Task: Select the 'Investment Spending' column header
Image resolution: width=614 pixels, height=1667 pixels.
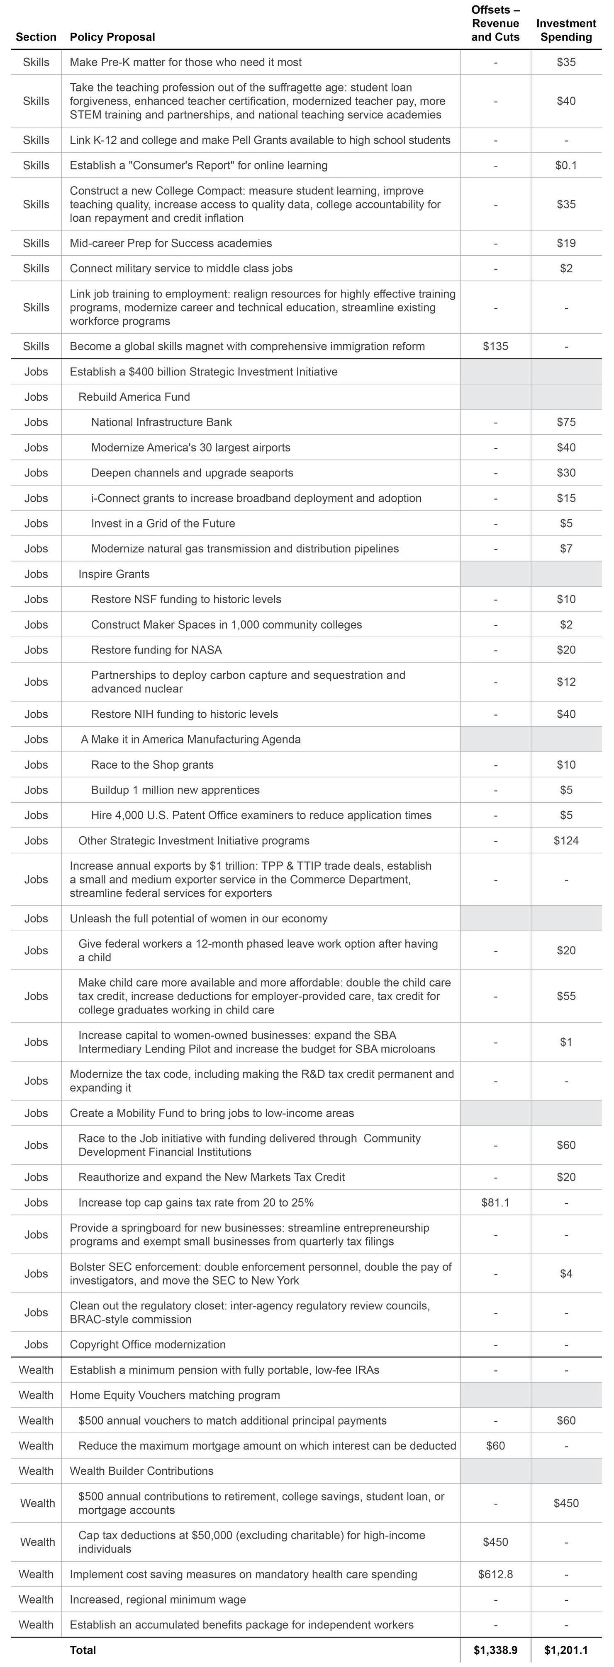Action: pyautogui.click(x=565, y=30)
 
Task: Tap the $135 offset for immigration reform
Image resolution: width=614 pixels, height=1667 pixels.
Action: pyautogui.click(x=495, y=346)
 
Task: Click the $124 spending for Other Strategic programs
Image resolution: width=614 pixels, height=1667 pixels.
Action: pyautogui.click(x=565, y=841)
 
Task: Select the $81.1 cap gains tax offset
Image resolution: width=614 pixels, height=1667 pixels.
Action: pyautogui.click(x=495, y=1202)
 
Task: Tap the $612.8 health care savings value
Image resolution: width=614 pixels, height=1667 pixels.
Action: pyautogui.click(x=495, y=1574)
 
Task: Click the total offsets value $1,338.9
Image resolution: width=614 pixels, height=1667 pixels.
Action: pyautogui.click(x=495, y=1650)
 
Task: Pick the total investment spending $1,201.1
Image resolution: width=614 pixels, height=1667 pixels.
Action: pyautogui.click(x=565, y=1650)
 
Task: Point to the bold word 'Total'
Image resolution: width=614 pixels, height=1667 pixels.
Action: pyautogui.click(x=83, y=1650)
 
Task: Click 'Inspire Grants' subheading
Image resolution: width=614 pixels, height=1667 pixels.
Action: pyautogui.click(x=114, y=574)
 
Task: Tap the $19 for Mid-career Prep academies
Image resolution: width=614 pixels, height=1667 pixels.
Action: pyautogui.click(x=565, y=243)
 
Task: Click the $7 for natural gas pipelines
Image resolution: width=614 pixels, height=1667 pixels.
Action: pyautogui.click(x=565, y=549)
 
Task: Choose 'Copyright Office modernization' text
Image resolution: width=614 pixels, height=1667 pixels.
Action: pyautogui.click(x=148, y=1344)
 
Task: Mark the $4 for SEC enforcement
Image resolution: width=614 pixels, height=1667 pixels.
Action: pyautogui.click(x=565, y=1273)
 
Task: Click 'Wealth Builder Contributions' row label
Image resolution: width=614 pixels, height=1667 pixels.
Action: pyautogui.click(x=141, y=1471)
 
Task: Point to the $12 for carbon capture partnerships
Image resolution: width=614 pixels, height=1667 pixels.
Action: pyautogui.click(x=565, y=682)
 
